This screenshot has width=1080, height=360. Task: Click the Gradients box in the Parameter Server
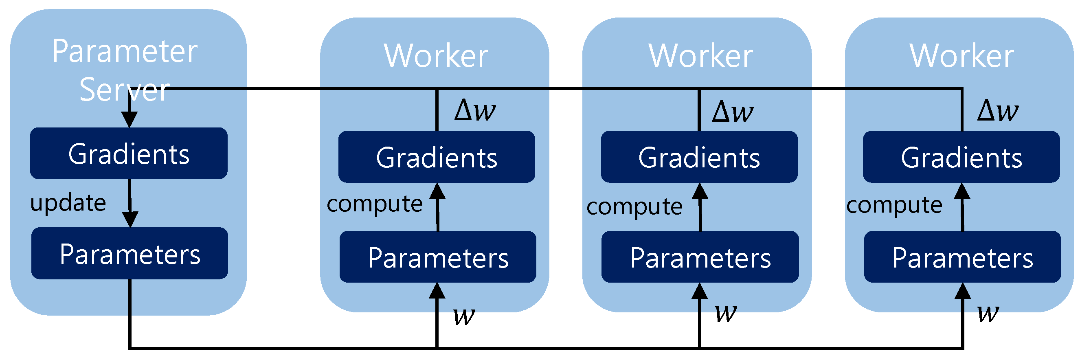pyautogui.click(x=129, y=154)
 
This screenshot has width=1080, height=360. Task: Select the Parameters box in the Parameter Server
pyautogui.click(x=130, y=254)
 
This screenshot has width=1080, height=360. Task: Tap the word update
pyautogui.click(x=68, y=204)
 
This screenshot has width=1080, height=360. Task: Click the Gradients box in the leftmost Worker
pyautogui.click(x=437, y=157)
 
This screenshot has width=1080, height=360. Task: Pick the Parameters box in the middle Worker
pyautogui.click(x=700, y=257)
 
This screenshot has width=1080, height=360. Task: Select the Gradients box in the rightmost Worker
pyautogui.click(x=961, y=157)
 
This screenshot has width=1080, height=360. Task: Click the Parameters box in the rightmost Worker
pyautogui.click(x=962, y=257)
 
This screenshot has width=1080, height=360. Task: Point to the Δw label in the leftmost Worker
pyautogui.click(x=474, y=111)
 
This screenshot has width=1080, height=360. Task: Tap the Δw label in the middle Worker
pyautogui.click(x=733, y=112)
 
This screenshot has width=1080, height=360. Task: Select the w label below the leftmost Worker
pyautogui.click(x=464, y=316)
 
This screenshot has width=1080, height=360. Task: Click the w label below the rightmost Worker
pyautogui.click(x=988, y=314)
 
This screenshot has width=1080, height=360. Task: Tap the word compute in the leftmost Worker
pyautogui.click(x=374, y=204)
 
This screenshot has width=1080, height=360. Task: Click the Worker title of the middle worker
pyautogui.click(x=700, y=56)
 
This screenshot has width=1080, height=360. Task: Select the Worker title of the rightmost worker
pyautogui.click(x=961, y=56)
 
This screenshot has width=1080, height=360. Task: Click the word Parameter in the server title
pyautogui.click(x=125, y=52)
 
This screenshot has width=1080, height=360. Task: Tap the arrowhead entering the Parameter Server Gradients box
pyautogui.click(x=129, y=120)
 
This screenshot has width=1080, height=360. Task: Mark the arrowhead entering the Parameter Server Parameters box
pyautogui.click(x=130, y=220)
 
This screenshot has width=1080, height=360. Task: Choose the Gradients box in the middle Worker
pyautogui.click(x=699, y=157)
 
